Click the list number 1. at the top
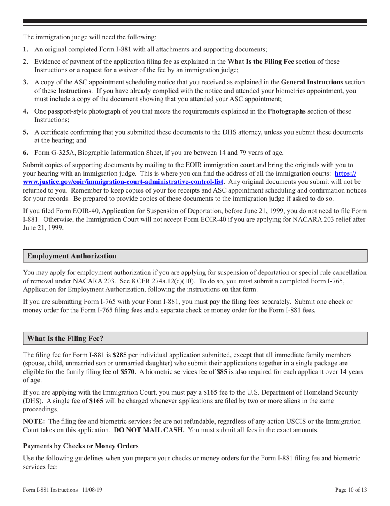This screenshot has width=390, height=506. coord(25,49)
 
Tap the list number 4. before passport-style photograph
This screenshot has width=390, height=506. coord(25,111)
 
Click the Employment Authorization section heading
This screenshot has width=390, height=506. coord(71,256)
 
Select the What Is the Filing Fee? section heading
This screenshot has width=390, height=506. coord(67,338)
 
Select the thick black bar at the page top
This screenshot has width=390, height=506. coord(195,21)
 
